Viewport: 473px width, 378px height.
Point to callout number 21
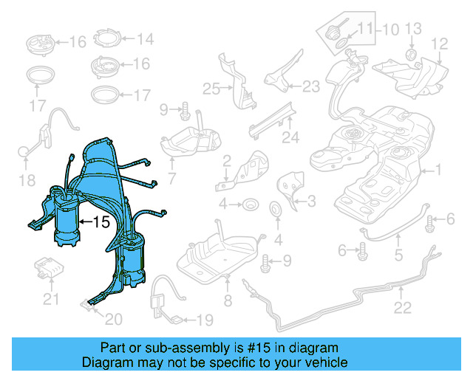pyautogui.click(x=50, y=299)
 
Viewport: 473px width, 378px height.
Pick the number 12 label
pyautogui.click(x=439, y=44)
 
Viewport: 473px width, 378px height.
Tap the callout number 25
pyautogui.click(x=212, y=89)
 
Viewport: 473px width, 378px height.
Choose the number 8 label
pyautogui.click(x=228, y=300)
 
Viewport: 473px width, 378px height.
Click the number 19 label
pyautogui.click(x=204, y=320)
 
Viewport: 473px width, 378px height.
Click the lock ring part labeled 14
pyautogui.click(x=108, y=38)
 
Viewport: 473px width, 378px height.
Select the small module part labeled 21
pyautogui.click(x=51, y=269)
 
